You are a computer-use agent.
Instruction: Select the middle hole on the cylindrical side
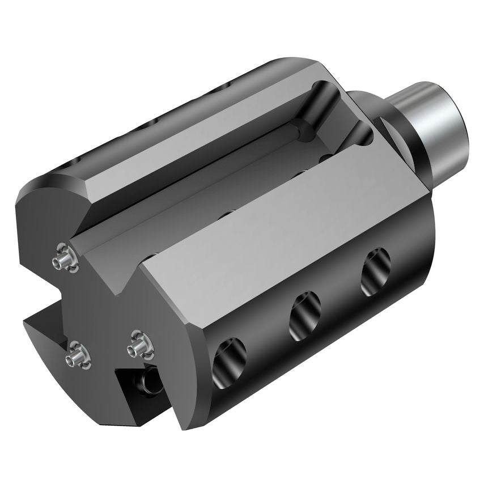(x=304, y=315)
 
